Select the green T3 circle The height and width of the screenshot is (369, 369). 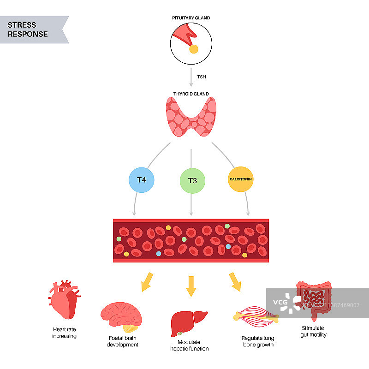[191, 180]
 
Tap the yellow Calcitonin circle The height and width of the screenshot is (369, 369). [241, 179]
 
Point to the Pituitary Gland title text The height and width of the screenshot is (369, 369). [191, 18]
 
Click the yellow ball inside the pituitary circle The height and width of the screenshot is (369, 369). [194, 49]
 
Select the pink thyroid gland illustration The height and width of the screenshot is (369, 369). [191, 117]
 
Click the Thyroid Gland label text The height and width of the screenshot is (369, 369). [191, 94]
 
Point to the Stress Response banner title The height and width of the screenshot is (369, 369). [28, 30]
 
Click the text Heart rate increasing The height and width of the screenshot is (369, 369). [65, 333]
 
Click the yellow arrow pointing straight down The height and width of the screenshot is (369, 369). [191, 286]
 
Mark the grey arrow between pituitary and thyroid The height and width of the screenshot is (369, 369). [191, 77]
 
